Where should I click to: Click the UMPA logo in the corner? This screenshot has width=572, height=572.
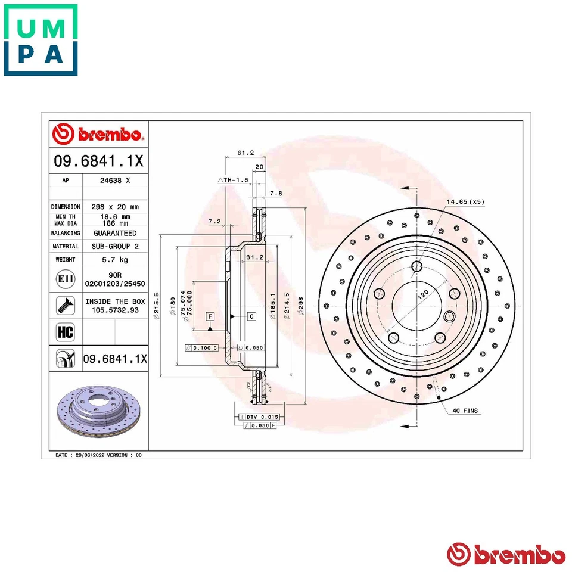point(41,40)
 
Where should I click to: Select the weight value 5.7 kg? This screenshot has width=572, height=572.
point(114,260)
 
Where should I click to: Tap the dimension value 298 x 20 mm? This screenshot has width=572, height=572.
point(114,207)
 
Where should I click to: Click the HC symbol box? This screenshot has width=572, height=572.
point(64,332)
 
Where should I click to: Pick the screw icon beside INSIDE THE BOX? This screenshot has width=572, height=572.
point(64,306)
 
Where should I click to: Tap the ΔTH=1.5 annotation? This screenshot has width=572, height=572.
point(232,179)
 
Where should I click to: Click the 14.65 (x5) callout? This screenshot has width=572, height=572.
point(466,202)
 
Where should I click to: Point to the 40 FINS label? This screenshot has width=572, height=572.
point(465,411)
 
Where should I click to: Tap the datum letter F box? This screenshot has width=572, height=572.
point(210,316)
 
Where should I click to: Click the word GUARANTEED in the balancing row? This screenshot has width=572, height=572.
point(114,233)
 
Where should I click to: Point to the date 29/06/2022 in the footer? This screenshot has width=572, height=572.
point(88,455)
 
